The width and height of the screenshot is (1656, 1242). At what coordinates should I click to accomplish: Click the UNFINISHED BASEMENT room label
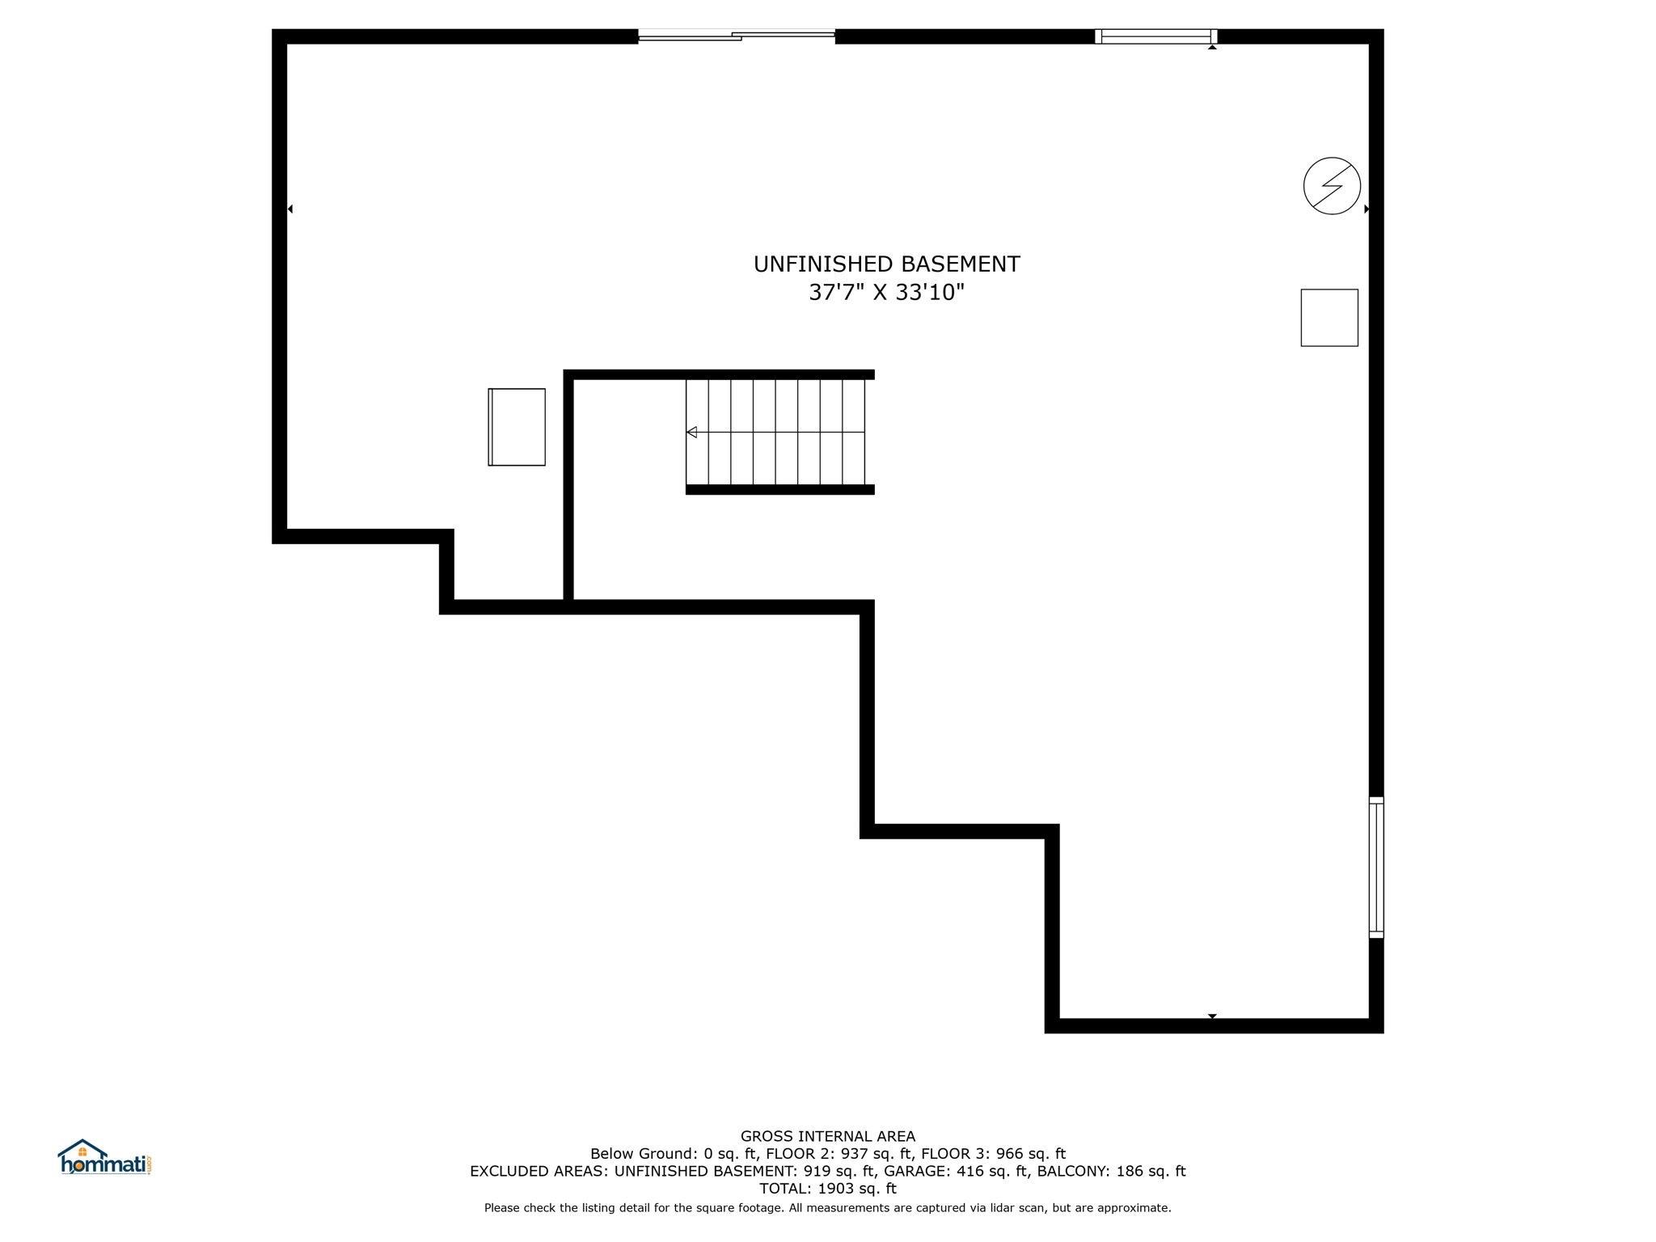coord(886,264)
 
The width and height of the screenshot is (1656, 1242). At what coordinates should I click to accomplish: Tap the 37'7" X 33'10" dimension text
coord(886,293)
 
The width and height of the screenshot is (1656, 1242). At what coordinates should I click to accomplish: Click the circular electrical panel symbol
coord(1332,186)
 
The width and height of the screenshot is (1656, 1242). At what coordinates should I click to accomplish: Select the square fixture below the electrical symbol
coord(1329,318)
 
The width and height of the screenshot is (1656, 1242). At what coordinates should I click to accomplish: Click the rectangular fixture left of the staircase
coord(517,427)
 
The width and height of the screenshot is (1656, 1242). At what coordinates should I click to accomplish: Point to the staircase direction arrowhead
coord(691,433)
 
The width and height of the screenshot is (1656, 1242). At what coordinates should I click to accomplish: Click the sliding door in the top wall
coord(736,36)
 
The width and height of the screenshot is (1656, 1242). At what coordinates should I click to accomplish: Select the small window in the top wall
coord(1155,36)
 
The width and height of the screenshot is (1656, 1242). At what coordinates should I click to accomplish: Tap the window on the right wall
coord(1375,867)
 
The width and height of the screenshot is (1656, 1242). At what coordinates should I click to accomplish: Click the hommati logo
coord(104,1158)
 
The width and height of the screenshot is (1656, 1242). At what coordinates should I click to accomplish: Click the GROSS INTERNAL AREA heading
coord(827,1136)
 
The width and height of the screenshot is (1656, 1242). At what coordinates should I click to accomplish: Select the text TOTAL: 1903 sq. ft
coord(827,1189)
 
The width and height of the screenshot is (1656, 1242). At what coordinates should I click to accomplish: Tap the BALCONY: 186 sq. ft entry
coord(1111,1171)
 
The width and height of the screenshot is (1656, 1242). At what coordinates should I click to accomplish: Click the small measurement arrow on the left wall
coord(290,209)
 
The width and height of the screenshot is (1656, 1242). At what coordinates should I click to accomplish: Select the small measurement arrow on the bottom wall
coord(1211,1016)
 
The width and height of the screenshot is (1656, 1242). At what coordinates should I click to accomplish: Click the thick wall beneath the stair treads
coord(779,489)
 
